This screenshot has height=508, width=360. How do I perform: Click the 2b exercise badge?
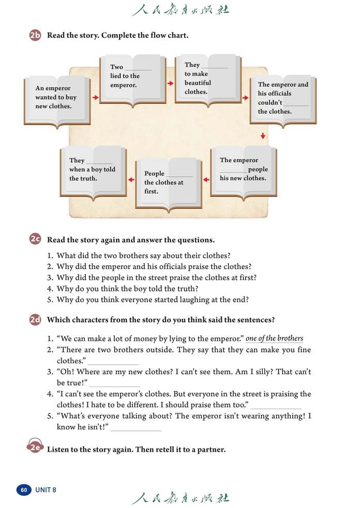35,36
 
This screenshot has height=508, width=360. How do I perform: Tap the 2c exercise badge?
35,240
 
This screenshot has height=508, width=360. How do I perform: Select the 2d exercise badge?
35,320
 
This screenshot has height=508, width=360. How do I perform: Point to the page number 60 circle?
24,490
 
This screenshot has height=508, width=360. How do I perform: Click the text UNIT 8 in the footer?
46,490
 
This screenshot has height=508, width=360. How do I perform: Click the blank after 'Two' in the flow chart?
138,68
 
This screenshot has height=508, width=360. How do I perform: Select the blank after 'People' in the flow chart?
179,175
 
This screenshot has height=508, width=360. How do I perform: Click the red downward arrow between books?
263,136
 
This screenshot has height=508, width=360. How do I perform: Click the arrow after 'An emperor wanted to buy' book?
95,97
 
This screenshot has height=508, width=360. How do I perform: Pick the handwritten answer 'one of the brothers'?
274,339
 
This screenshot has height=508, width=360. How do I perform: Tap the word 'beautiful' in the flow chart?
198,83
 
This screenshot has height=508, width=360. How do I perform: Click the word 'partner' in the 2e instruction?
211,450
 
